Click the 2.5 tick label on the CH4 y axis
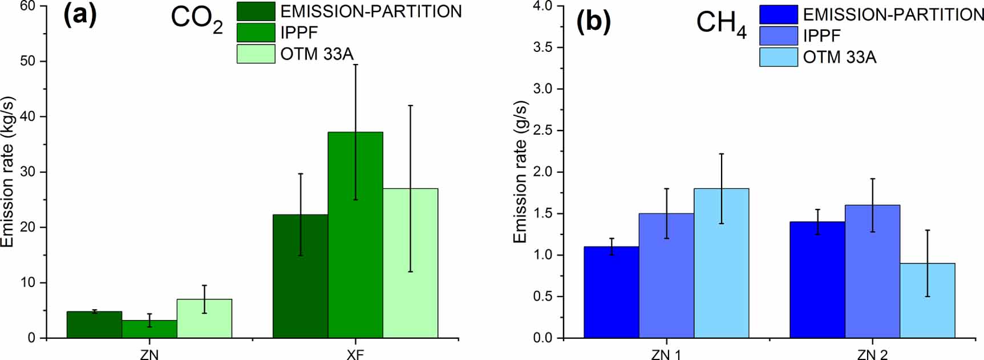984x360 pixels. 542,131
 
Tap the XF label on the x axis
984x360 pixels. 355,354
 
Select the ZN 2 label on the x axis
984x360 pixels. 872,354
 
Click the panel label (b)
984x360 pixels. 593,22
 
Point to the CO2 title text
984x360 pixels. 196,19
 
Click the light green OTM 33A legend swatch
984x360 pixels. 256,54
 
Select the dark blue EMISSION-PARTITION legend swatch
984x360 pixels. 778,14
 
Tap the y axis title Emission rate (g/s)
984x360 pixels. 520,172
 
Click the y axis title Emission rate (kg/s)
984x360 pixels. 7,172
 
